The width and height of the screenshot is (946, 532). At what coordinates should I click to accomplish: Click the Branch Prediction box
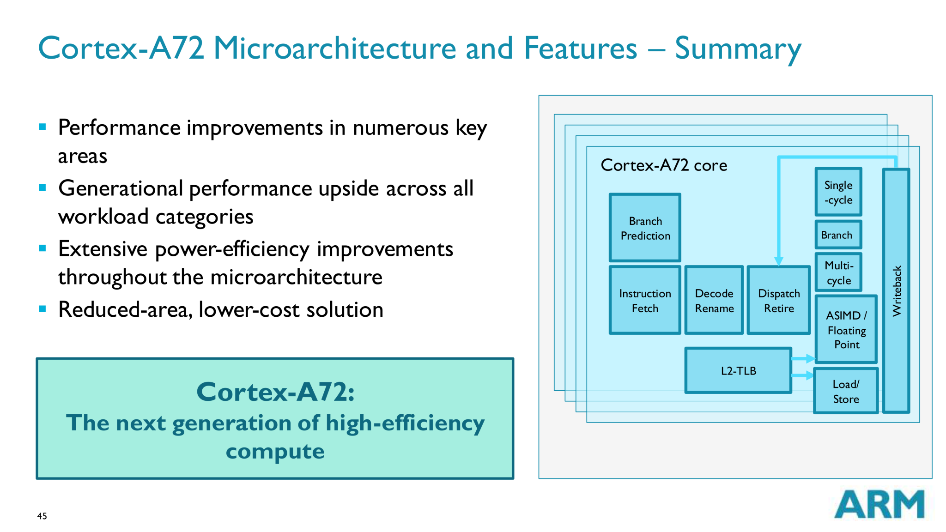[645, 228]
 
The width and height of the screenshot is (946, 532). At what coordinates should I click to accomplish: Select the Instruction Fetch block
[645, 300]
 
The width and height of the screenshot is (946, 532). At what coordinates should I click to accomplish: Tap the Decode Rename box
[714, 300]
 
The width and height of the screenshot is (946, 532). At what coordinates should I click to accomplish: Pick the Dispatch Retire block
[779, 300]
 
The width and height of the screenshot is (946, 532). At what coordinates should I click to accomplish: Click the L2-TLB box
[738, 370]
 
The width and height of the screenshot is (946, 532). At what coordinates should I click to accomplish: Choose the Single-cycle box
[838, 192]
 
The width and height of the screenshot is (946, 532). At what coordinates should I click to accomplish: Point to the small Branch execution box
[837, 235]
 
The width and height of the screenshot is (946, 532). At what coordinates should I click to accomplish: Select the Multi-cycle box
[838, 272]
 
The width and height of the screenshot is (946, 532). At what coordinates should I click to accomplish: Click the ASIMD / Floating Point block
[846, 330]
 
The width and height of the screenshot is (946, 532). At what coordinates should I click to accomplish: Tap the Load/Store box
[846, 391]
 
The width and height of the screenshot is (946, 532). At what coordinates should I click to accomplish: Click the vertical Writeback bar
[896, 291]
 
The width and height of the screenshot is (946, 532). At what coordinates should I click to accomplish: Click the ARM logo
[879, 504]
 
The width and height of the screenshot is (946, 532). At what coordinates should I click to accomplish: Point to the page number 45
[42, 516]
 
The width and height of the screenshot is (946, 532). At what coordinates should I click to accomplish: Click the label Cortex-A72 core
[664, 165]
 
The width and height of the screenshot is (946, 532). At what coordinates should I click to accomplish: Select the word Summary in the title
[738, 49]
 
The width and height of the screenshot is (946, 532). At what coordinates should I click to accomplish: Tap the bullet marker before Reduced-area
[42, 309]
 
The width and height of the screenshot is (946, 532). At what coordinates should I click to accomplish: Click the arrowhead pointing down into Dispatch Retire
[779, 261]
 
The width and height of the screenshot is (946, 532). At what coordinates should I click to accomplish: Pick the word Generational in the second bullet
[121, 188]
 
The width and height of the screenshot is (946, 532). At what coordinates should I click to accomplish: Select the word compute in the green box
[275, 451]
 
